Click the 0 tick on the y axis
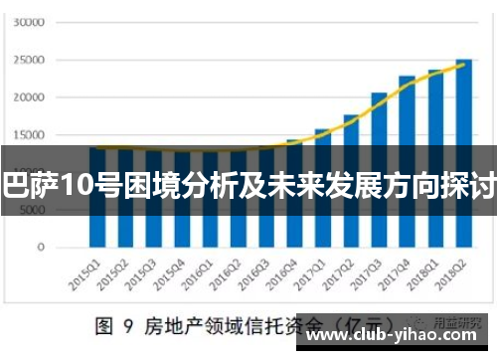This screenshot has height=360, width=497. (x=41, y=248)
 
